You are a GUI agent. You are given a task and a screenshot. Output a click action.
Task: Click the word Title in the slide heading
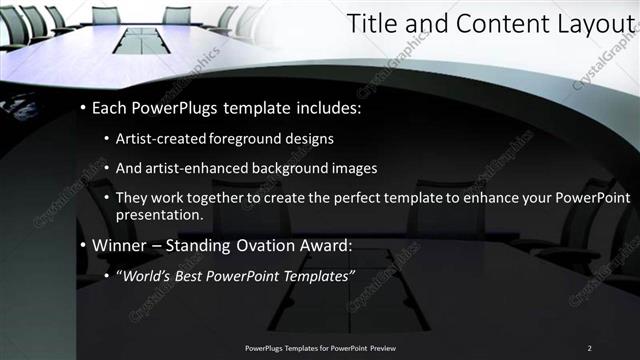tap(371, 26)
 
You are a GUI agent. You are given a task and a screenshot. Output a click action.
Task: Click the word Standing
tap(204, 245)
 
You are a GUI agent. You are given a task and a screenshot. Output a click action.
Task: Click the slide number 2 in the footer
tap(589, 347)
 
